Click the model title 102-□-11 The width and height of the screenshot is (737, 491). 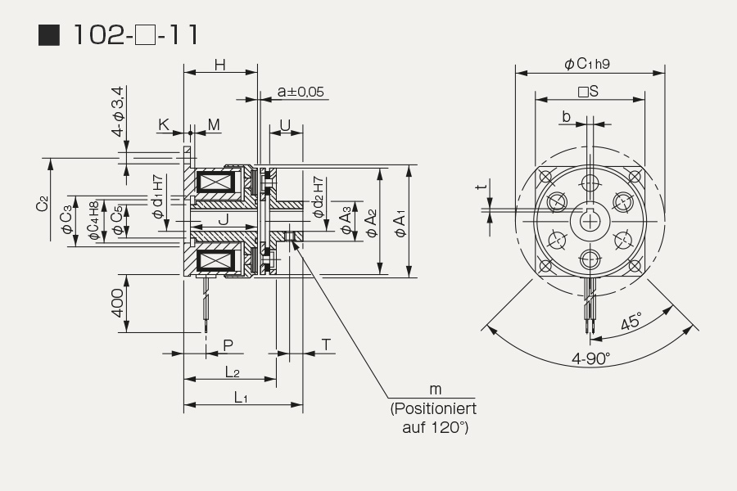pyautogui.click(x=136, y=34)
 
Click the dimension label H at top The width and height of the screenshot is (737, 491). pyautogui.click(x=220, y=65)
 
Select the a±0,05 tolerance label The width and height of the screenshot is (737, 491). pyautogui.click(x=301, y=91)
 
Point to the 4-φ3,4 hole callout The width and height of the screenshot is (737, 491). pyautogui.click(x=118, y=111)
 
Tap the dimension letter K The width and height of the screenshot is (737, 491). pyautogui.click(x=164, y=124)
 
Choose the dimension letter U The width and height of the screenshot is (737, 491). pyautogui.click(x=285, y=125)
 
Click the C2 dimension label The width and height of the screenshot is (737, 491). pyautogui.click(x=43, y=204)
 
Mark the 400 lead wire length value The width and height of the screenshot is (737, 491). pyautogui.click(x=117, y=303)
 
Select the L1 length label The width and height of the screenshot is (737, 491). pyautogui.click(x=241, y=398)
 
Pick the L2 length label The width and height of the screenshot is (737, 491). pyautogui.click(x=233, y=372)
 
